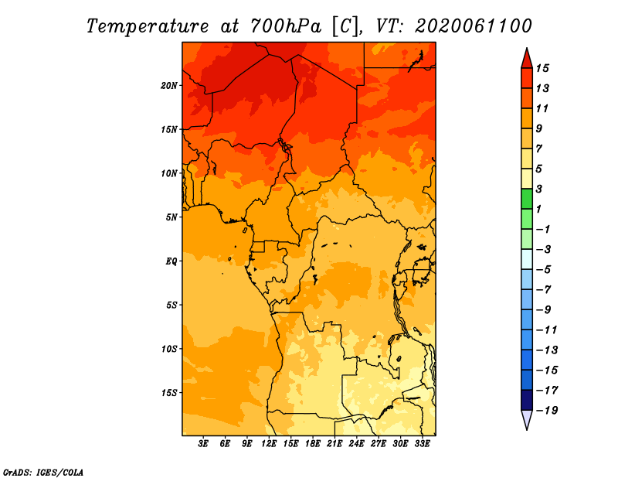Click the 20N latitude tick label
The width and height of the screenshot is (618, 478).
pos(169,85)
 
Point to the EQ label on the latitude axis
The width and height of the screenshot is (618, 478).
pos(171,261)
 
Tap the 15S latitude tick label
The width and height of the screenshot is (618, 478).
pos(169,392)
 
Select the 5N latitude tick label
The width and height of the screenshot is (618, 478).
pos(171,217)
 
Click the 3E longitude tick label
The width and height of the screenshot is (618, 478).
pos(204,444)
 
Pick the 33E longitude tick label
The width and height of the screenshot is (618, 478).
pos(422,444)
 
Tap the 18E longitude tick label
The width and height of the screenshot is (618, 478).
pos(313,444)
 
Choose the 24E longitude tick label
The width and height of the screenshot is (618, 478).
pos(356,444)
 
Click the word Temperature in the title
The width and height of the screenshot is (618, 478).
pos(151,26)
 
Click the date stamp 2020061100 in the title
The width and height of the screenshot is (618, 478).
pos(473,26)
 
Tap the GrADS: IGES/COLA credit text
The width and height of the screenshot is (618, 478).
pos(42,471)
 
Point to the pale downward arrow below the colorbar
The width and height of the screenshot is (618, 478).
pos(526,419)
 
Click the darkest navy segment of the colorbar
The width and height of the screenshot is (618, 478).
pos(526,400)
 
